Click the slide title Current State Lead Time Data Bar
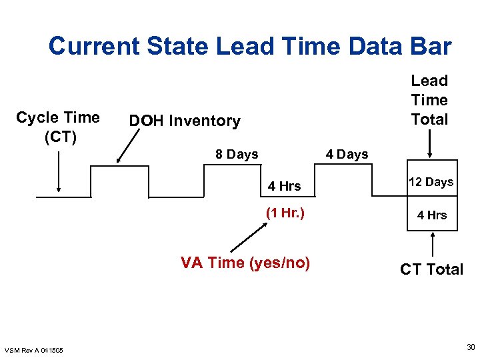[250, 47]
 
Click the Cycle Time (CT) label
[58, 127]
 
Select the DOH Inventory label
[185, 121]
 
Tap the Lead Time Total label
[429, 100]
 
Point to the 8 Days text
[237, 154]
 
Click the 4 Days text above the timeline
[347, 154]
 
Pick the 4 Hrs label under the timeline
[285, 186]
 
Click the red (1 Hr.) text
[285, 213]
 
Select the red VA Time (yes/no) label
[245, 263]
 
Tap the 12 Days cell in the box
[431, 182]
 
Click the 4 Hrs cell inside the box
[432, 215]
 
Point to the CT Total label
[431, 269]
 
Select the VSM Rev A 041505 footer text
[34, 350]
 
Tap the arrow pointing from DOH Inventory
[129, 146]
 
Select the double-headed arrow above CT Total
[434, 244]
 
